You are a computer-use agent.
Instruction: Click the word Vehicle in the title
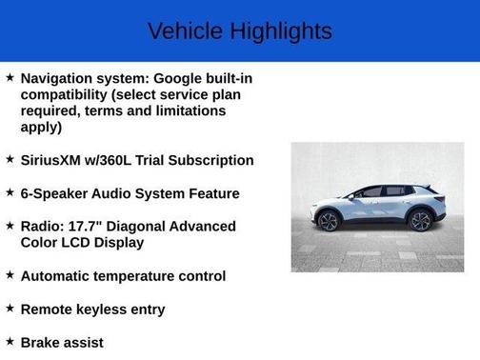tap(184, 30)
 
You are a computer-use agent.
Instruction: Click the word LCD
tap(81, 243)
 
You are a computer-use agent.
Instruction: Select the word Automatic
tap(58, 276)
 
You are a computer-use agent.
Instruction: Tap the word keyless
tap(105, 310)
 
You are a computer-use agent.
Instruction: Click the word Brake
tap(41, 342)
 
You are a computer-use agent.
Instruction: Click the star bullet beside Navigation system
tap(10, 77)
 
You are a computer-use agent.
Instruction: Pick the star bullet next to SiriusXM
tap(10, 159)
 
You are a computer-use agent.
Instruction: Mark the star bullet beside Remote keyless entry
tap(10, 309)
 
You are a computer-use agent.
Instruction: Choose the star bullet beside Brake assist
tap(10, 341)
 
